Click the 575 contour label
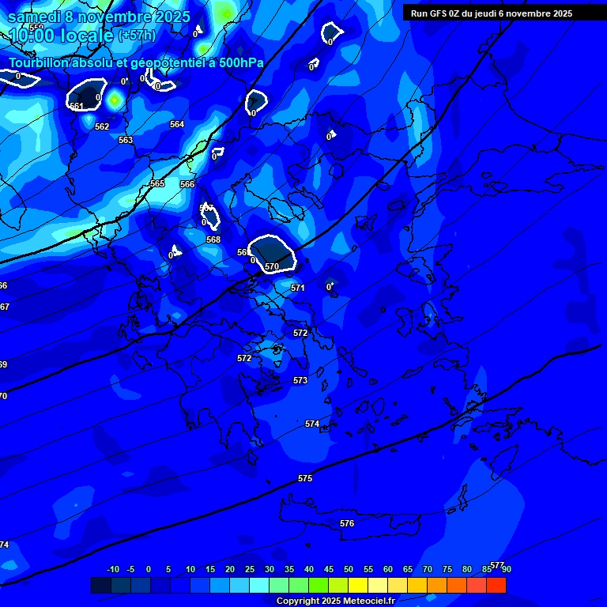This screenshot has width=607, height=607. click(305, 478)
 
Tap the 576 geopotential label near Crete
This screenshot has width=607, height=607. click(347, 523)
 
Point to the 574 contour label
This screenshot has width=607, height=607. click(312, 424)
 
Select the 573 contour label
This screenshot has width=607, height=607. click(300, 380)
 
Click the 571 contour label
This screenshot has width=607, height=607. click(298, 288)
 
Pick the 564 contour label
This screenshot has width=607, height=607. click(177, 124)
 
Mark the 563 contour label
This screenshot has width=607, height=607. click(126, 140)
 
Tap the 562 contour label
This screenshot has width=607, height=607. click(102, 126)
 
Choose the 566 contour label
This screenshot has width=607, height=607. click(187, 184)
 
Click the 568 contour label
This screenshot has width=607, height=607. click(213, 239)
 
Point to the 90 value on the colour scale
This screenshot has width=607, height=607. click(506, 569)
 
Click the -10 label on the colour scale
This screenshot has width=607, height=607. click(113, 569)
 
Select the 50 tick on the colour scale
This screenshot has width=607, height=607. click(349, 569)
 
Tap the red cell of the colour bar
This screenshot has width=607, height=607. click(496, 585)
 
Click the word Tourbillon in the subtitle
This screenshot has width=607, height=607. click(40, 62)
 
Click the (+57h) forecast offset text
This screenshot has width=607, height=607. click(138, 36)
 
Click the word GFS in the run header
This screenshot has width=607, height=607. click(439, 13)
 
